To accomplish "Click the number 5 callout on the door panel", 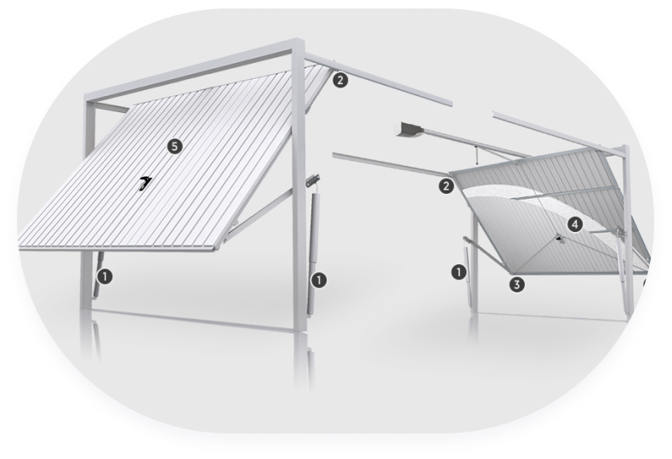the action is click(x=174, y=146).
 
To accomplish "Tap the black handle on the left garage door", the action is click(x=145, y=183).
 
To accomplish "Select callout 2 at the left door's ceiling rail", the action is click(x=340, y=80).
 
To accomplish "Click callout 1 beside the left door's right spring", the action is click(x=318, y=280).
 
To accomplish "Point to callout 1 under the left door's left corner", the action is click(x=105, y=276).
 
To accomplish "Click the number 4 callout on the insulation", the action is click(x=575, y=224).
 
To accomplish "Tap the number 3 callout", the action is click(x=517, y=284).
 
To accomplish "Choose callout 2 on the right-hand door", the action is click(x=446, y=186).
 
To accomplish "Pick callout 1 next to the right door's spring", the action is click(x=459, y=272).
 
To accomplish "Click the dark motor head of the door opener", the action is click(x=409, y=129).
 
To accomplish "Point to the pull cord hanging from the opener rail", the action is click(x=477, y=156).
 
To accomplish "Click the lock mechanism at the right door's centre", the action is click(x=559, y=239).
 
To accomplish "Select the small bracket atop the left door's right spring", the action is click(x=313, y=181).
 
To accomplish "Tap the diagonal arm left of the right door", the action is click(x=485, y=252).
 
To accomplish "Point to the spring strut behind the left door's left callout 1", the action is click(x=98, y=274).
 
